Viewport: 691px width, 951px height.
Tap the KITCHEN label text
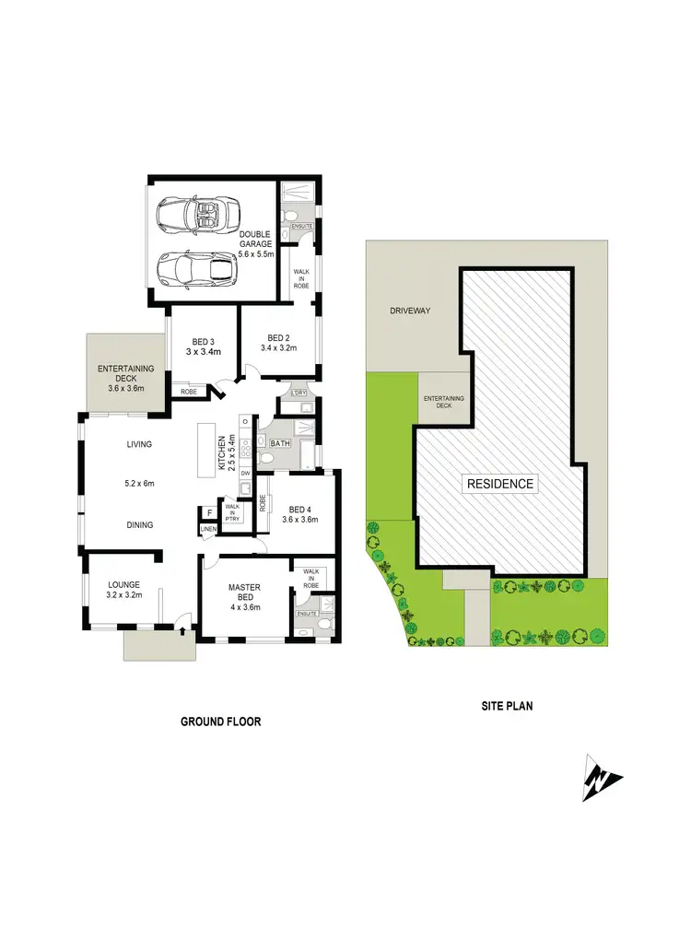point(221,451)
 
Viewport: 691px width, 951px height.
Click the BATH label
point(280,443)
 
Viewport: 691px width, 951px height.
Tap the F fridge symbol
point(210,512)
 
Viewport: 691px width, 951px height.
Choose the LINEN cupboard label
point(209,529)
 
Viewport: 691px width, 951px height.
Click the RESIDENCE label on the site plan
point(500,484)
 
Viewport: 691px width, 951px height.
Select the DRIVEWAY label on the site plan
point(410,311)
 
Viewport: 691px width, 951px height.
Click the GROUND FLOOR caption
point(220,722)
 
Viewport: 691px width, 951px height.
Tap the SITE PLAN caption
point(508,707)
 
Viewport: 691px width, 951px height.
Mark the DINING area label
point(140,525)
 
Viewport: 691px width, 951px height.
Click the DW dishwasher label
point(246,474)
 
